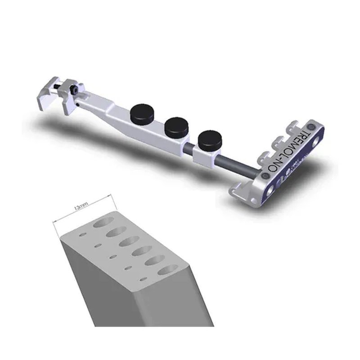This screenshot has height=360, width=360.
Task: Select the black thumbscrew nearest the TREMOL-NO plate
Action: [x=210, y=140]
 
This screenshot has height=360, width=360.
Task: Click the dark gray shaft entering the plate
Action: [x=243, y=164]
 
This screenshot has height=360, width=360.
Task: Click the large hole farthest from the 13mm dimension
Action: [x=168, y=270]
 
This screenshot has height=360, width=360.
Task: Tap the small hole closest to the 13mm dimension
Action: [x=82, y=234]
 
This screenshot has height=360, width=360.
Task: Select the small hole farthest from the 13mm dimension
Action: [x=143, y=279]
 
